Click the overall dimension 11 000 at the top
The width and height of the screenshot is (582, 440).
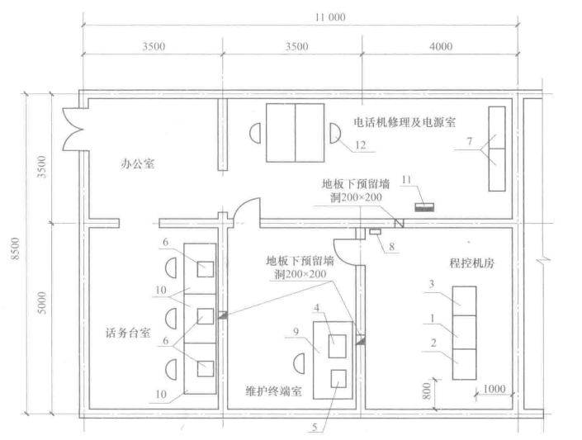[329, 17]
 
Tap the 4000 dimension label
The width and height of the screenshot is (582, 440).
[441, 47]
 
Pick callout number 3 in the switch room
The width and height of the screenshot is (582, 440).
[432, 285]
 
